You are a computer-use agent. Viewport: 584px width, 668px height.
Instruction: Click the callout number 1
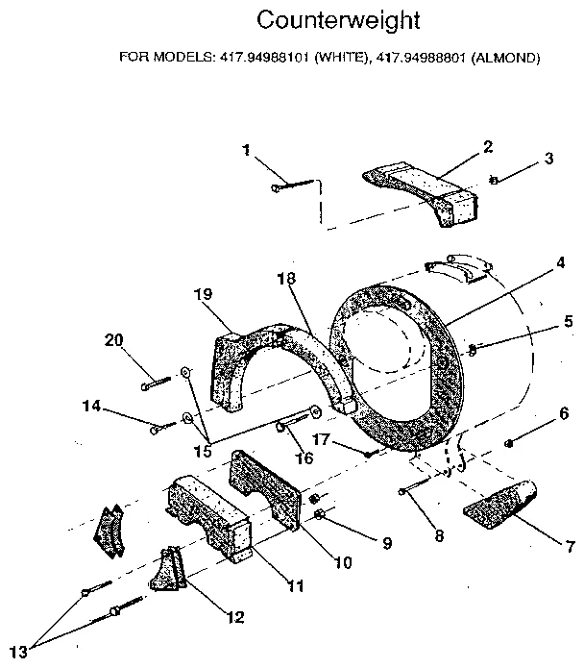pos(247,150)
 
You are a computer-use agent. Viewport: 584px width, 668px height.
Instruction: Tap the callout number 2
pos(488,146)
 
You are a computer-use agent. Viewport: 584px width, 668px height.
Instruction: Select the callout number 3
pos(548,159)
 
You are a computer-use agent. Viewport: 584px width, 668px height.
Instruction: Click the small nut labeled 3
pos(493,179)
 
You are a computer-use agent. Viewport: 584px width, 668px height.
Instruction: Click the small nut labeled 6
pos(509,442)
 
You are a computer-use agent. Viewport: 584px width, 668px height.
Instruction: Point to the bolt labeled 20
pos(157,382)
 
